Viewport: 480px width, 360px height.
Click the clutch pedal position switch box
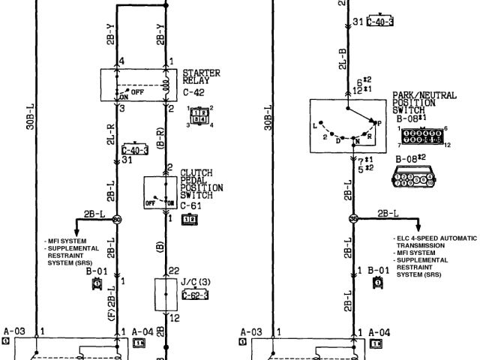(160, 193)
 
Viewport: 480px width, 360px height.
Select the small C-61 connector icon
(190, 218)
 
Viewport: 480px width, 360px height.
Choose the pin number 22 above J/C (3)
(174, 270)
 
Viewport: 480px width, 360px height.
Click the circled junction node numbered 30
(117, 219)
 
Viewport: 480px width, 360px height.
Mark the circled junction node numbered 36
(353, 218)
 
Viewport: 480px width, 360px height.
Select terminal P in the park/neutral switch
(377, 121)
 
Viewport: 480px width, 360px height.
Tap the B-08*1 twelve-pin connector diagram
(422, 136)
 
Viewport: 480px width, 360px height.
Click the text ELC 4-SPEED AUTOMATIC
(435, 238)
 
